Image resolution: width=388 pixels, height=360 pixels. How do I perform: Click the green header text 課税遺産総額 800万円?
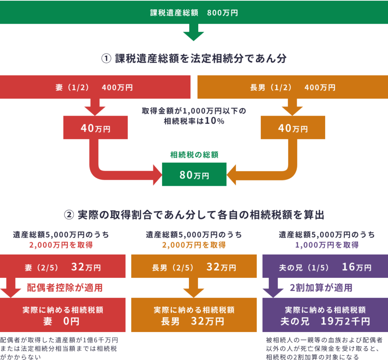click(x=194, y=13)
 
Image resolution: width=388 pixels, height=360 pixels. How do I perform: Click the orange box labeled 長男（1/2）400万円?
click(x=293, y=88)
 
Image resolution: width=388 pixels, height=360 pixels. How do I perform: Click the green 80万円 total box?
click(x=194, y=175)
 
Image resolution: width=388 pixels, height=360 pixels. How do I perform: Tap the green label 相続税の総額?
click(x=194, y=154)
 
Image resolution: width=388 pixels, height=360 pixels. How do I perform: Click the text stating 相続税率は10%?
click(x=194, y=121)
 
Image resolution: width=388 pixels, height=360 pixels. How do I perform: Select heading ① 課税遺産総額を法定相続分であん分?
click(x=194, y=59)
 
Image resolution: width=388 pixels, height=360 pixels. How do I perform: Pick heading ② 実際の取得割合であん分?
click(x=194, y=214)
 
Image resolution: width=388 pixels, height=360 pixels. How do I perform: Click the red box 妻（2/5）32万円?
click(x=63, y=267)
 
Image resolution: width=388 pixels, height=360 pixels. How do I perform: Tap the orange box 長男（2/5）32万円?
click(x=194, y=267)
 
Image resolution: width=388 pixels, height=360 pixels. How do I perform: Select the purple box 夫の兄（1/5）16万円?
click(x=325, y=267)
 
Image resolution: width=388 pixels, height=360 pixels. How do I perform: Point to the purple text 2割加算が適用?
click(x=321, y=287)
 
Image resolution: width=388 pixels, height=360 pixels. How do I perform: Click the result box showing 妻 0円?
click(x=63, y=315)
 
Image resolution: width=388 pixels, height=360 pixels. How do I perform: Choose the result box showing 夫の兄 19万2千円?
click(x=325, y=315)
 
